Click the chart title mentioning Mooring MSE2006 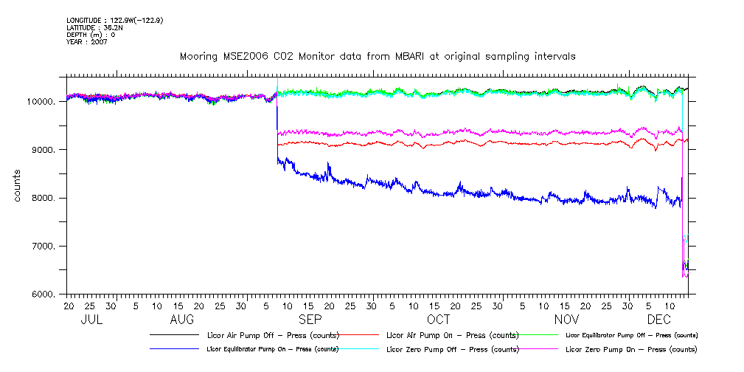point(378,56)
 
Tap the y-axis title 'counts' point(17,185)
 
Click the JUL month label point(91,320)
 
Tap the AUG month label point(182,320)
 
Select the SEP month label point(310,320)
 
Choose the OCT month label point(438,320)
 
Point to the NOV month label point(566,320)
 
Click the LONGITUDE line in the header point(114,20)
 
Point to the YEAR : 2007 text point(87,42)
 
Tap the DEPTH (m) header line point(91,35)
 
